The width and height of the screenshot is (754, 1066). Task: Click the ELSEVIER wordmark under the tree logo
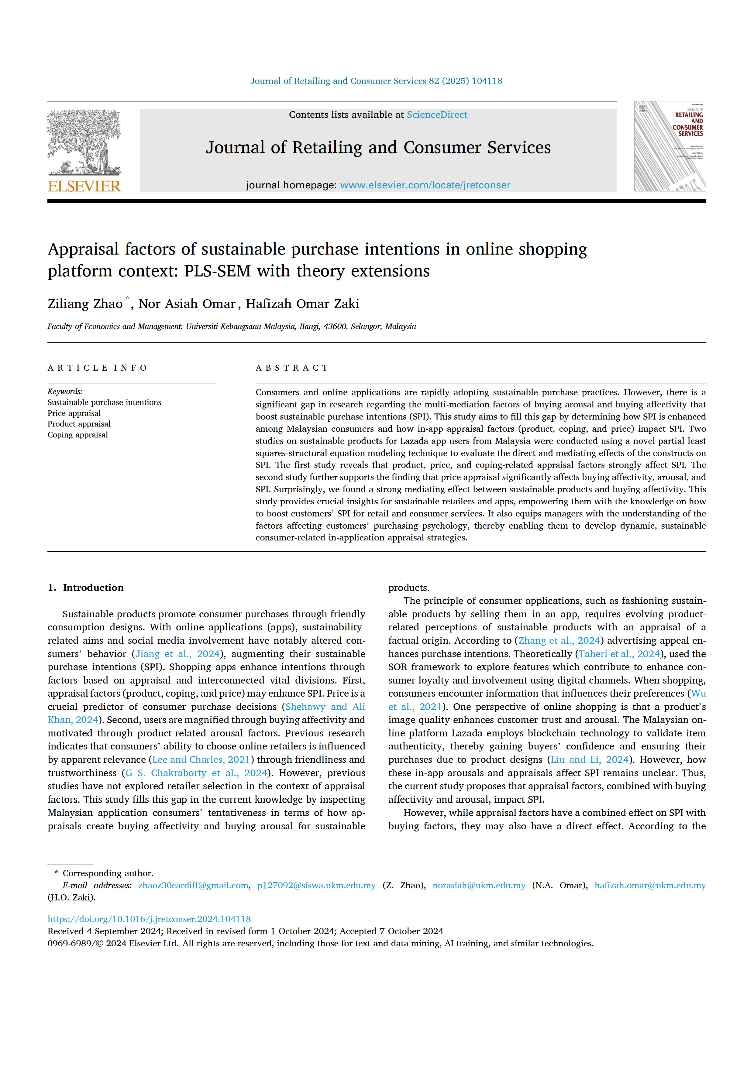point(84,186)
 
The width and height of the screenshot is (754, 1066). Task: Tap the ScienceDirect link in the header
point(437,115)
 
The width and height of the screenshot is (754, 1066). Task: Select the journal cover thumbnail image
point(670,146)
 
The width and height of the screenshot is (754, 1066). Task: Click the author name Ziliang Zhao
point(85,304)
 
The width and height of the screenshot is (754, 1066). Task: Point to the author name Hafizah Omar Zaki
point(302,304)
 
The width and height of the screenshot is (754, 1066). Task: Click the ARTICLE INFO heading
point(97,368)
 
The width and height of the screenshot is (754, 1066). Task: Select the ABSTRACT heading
point(292,368)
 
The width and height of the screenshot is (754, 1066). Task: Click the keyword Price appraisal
point(74,413)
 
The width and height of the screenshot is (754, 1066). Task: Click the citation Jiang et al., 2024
point(177,654)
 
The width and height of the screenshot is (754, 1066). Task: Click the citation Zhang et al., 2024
point(559,640)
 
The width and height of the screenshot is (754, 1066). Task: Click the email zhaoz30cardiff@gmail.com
point(193,885)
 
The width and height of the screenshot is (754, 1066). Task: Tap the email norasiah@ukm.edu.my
point(479,885)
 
